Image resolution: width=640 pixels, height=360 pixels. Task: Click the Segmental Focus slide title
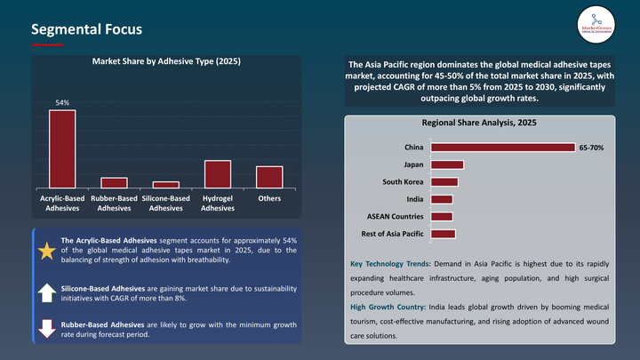(x=86, y=29)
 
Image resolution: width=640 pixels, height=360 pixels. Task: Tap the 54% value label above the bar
(x=62, y=103)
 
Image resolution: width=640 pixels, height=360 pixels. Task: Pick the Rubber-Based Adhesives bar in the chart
(x=114, y=182)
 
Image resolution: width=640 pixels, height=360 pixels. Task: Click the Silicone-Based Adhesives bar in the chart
(x=165, y=184)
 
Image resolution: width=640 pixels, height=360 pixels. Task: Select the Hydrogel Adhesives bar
(x=217, y=173)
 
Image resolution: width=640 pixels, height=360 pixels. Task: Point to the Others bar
(x=269, y=176)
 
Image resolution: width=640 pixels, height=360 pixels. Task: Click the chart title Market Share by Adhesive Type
(x=166, y=61)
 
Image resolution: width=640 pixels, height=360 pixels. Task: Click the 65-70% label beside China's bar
(x=591, y=147)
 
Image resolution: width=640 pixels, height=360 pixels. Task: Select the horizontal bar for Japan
(x=446, y=164)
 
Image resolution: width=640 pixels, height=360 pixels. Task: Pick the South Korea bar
(x=444, y=181)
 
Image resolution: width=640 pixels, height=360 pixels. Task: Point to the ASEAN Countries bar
(x=441, y=216)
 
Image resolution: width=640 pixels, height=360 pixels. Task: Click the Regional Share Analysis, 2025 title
(x=478, y=123)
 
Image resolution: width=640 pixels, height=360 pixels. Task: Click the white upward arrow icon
(x=46, y=292)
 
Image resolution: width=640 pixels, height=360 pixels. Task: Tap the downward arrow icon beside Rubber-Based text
(x=46, y=329)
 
